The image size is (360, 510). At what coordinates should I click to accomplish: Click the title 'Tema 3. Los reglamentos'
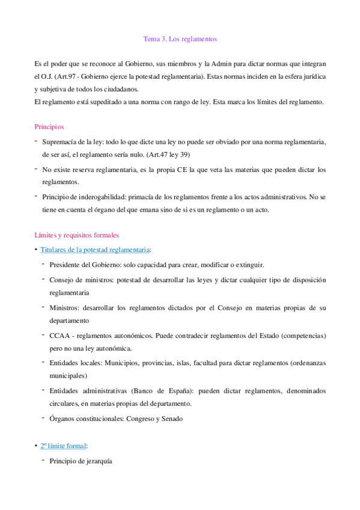pos(180,39)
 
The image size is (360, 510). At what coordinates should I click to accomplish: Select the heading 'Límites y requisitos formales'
pos(76,235)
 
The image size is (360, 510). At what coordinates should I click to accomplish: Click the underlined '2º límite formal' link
pos(63,446)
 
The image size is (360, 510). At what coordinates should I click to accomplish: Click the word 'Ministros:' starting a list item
pos(64,308)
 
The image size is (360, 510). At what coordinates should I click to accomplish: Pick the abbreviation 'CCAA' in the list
pos(59,335)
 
